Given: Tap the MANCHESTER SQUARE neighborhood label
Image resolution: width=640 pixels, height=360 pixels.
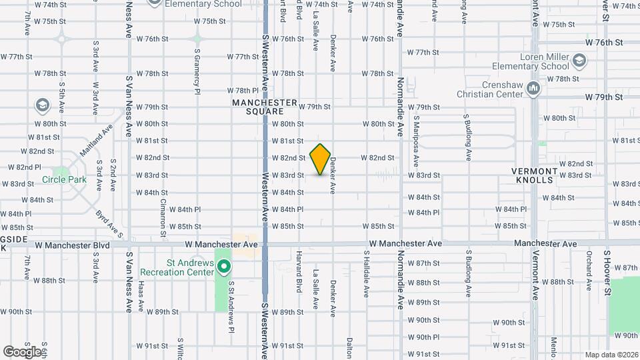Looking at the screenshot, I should [x=265, y=107].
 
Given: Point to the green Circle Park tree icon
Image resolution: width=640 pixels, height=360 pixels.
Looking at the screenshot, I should [x=65, y=171].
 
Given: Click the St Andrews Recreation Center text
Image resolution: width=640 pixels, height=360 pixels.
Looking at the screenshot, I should [x=177, y=268].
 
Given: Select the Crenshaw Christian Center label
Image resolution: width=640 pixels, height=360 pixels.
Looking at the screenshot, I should [x=494, y=89].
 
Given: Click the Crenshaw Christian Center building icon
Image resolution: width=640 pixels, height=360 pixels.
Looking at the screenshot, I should [x=532, y=88].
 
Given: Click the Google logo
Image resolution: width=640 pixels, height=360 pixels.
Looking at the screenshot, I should [x=22, y=351].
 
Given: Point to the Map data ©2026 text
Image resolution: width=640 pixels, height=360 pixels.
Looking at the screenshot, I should [x=611, y=355].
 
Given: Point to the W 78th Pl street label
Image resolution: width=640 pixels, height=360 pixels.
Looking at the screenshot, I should [x=243, y=91].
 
